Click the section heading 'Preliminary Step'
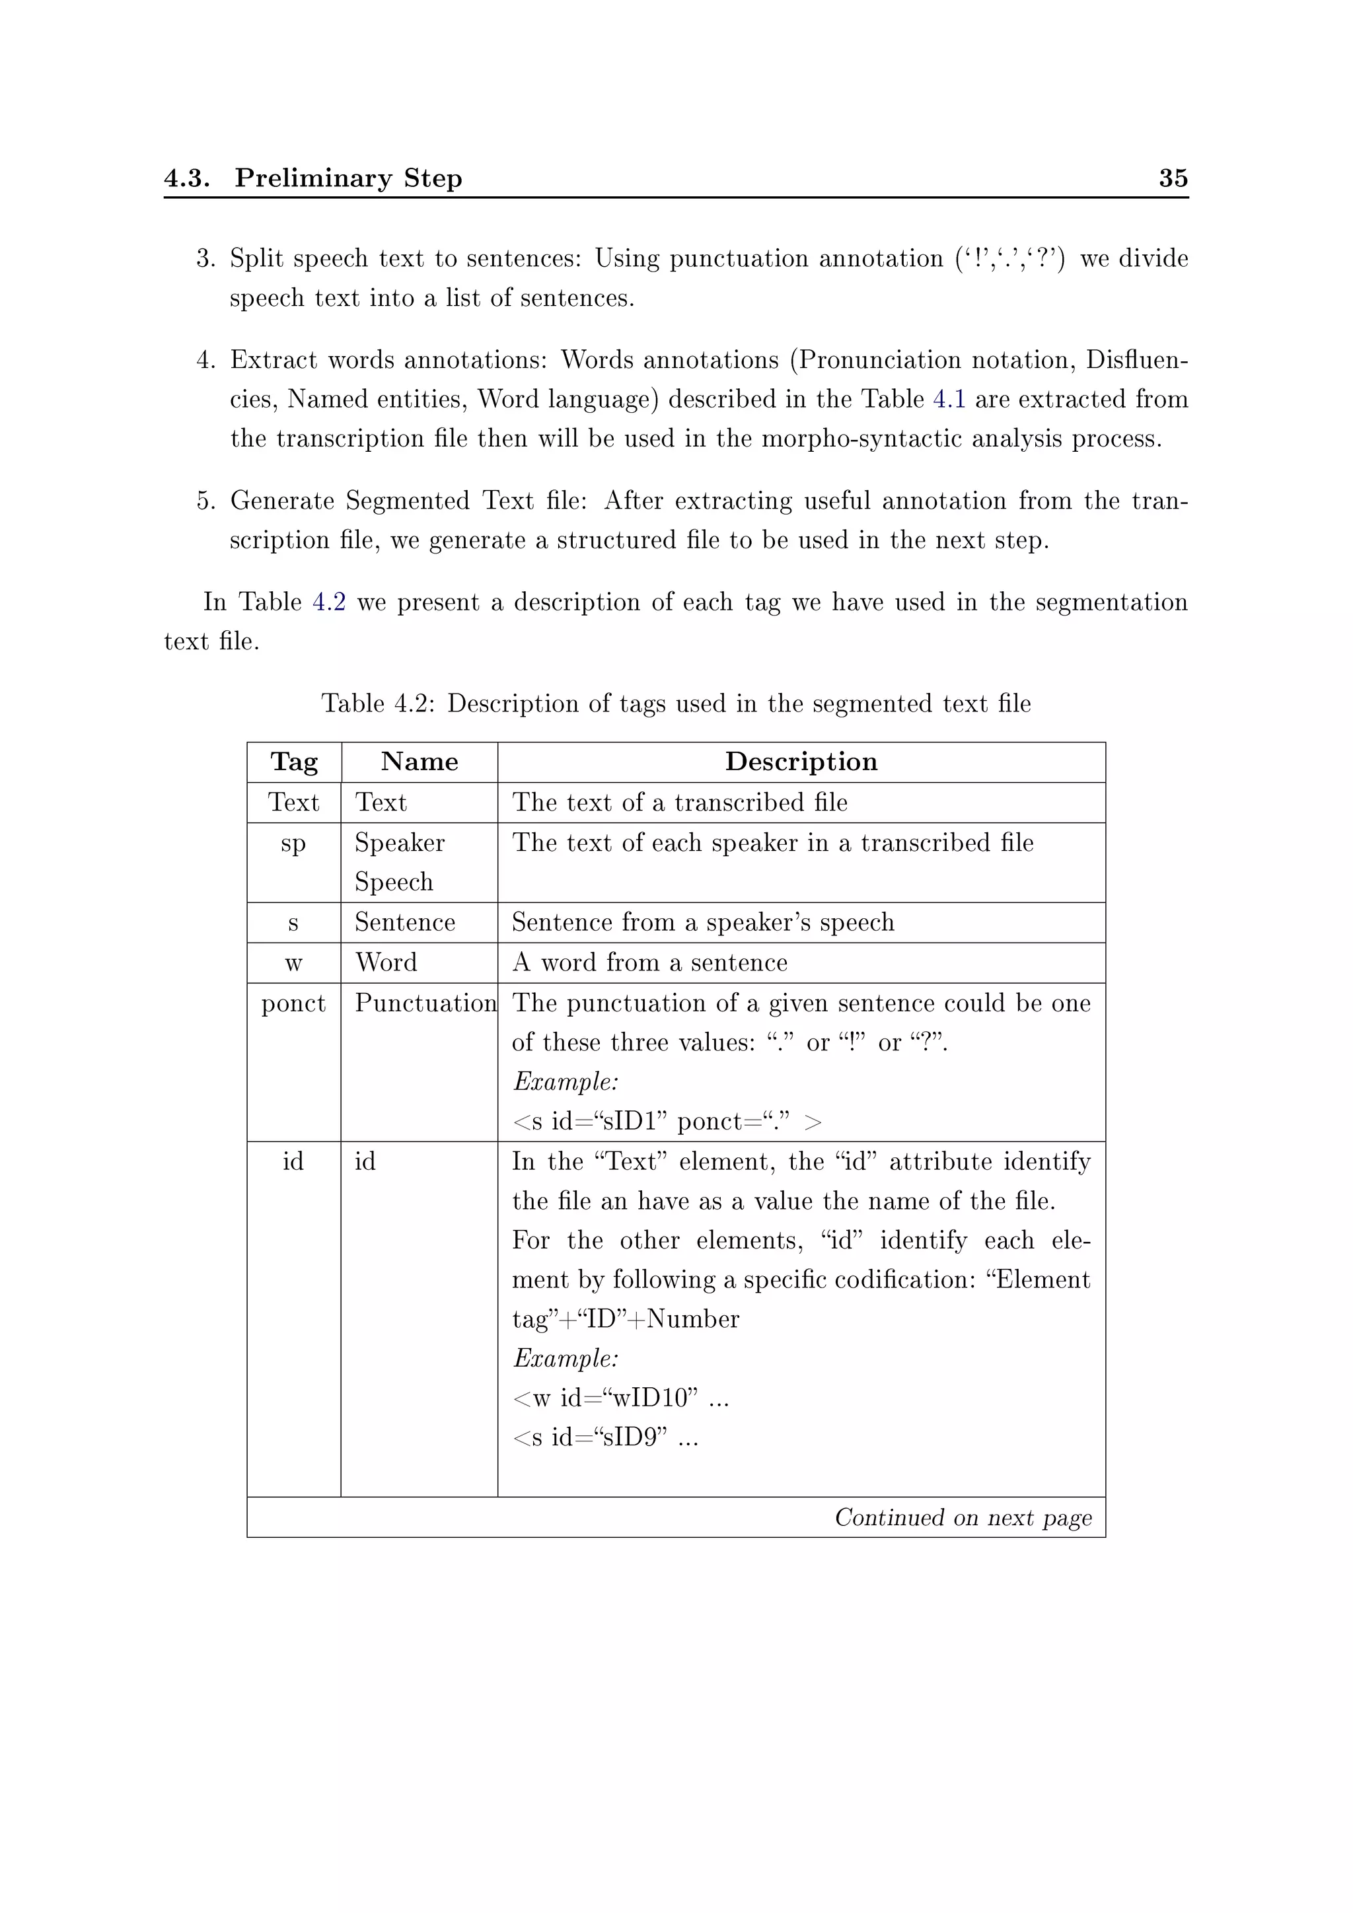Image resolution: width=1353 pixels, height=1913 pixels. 348,178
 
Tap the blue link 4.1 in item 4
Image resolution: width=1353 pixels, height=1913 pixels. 949,399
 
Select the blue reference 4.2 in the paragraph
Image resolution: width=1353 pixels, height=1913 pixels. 329,602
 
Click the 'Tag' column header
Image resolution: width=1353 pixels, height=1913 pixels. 294,762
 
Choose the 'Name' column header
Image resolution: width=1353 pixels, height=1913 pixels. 419,762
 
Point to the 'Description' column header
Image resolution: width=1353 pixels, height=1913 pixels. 801,762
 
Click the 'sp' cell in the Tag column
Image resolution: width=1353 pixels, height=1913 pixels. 293,843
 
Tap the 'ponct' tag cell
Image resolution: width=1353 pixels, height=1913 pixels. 293,1003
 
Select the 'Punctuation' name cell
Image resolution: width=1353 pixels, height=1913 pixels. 425,1003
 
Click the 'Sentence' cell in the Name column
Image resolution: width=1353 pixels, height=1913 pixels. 405,922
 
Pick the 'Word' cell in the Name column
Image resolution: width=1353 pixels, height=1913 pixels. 386,962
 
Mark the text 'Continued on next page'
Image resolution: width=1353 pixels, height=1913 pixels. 963,1517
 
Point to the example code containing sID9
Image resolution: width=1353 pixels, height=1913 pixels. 605,1437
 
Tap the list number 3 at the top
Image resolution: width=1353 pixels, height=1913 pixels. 205,258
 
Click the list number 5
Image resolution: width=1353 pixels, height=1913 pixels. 205,501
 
